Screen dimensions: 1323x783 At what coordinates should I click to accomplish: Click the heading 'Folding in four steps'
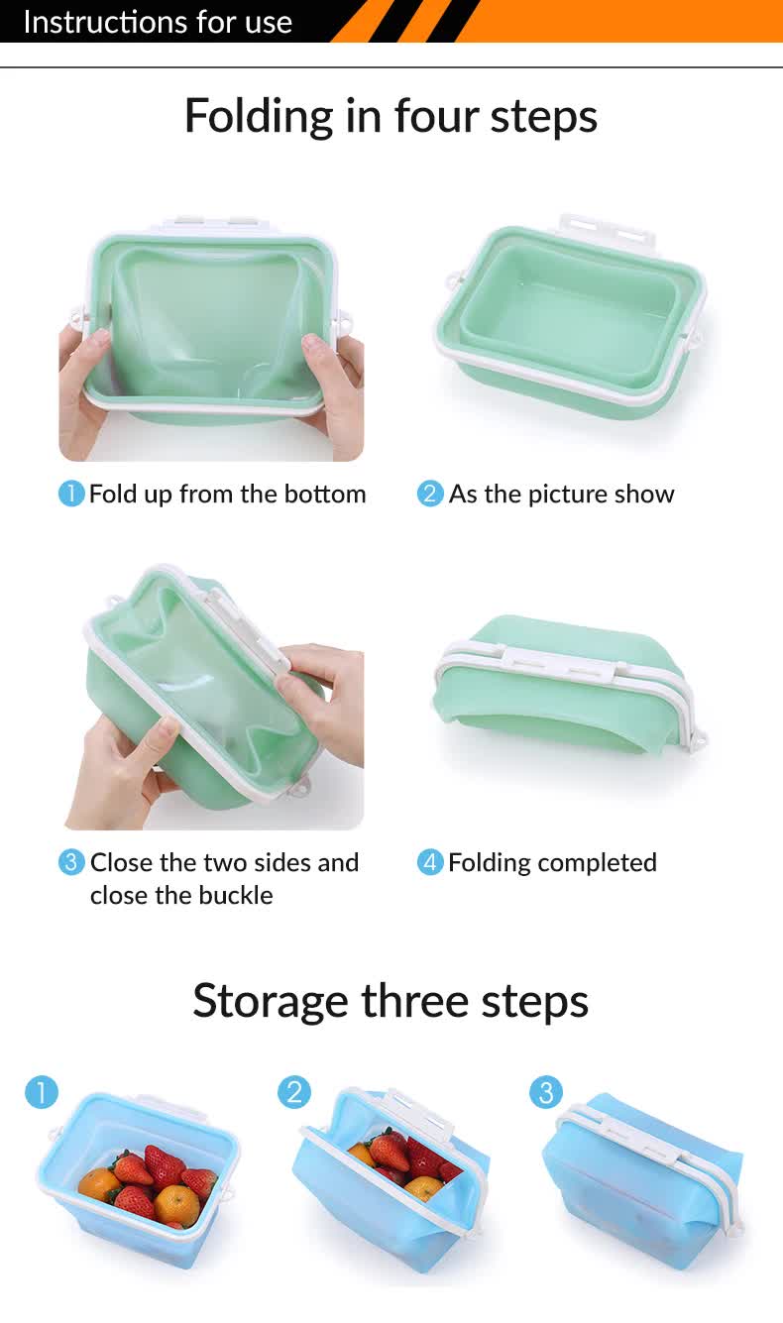pyautogui.click(x=391, y=116)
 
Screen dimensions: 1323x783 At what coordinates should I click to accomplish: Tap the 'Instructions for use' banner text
pyautogui.click(x=158, y=22)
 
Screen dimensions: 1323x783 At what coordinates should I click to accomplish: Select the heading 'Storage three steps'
pyautogui.click(x=391, y=1000)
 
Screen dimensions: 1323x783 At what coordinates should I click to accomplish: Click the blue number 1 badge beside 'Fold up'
pyautogui.click(x=71, y=494)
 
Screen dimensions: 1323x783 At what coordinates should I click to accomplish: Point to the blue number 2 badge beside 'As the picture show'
pyautogui.click(x=430, y=494)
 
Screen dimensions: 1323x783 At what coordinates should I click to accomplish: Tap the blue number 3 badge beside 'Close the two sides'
pyautogui.click(x=71, y=862)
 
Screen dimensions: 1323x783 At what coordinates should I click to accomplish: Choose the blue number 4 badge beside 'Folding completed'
pyautogui.click(x=430, y=862)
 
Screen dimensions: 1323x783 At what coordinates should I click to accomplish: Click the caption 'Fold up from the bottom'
pyautogui.click(x=227, y=494)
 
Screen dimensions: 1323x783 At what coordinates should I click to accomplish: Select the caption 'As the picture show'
pyautogui.click(x=561, y=494)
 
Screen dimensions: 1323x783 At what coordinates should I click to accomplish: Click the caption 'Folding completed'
pyautogui.click(x=552, y=862)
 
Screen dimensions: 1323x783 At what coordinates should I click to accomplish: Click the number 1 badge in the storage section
pyautogui.click(x=42, y=1093)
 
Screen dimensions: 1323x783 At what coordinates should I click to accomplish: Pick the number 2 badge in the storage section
pyautogui.click(x=294, y=1093)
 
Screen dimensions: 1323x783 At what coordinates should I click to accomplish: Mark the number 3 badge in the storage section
pyautogui.click(x=546, y=1093)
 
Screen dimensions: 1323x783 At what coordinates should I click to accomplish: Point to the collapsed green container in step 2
pyautogui.click(x=569, y=317)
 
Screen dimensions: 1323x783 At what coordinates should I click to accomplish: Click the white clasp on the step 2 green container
pyautogui.click(x=605, y=233)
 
